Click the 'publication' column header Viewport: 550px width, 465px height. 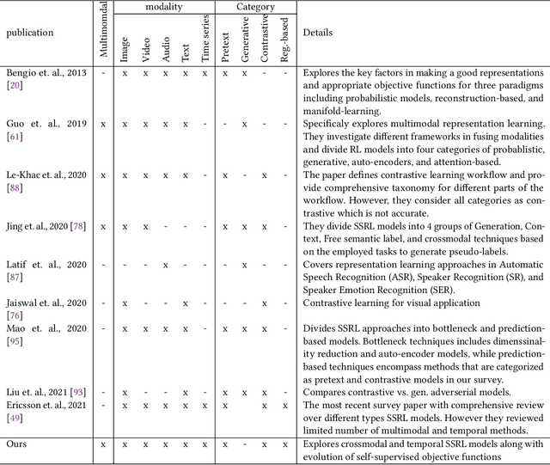tap(30, 33)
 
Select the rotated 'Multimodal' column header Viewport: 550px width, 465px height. tap(104, 32)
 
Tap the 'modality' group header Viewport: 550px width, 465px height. tap(165, 6)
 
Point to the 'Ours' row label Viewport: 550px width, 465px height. tap(18, 444)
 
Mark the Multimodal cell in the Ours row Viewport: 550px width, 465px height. tap(104, 444)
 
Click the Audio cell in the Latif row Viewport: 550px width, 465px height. tap(164, 264)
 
